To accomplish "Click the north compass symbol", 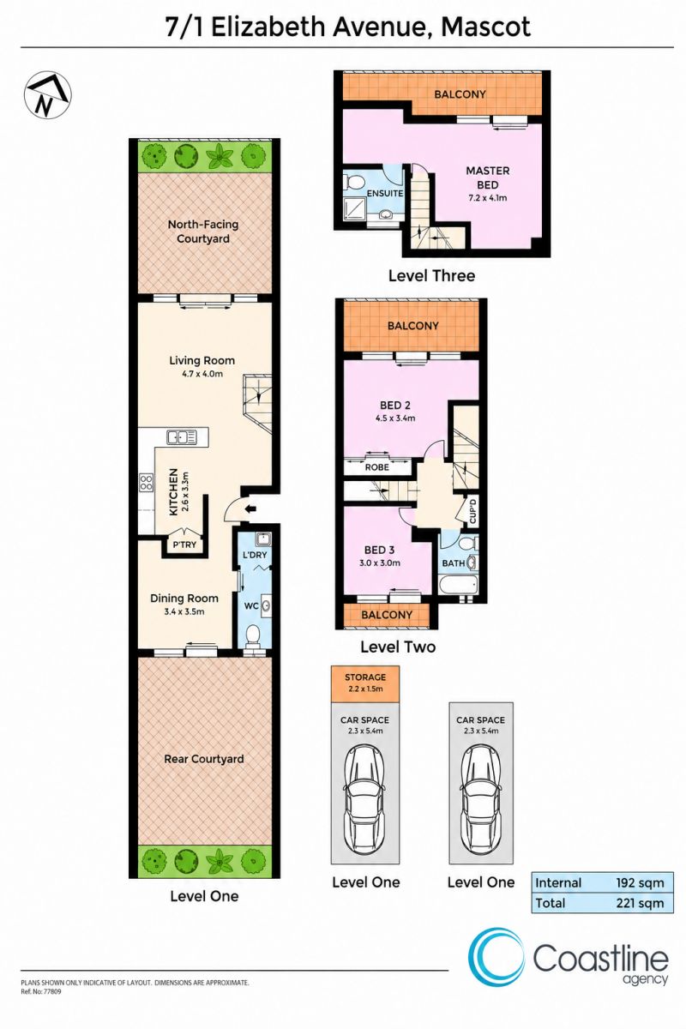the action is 47,95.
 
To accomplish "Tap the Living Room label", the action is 202,361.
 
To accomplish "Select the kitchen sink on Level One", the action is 182,436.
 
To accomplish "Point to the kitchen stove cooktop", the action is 146,483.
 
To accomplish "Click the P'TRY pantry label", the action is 184,545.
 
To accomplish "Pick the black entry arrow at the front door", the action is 251,508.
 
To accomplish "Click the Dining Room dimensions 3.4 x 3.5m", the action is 184,611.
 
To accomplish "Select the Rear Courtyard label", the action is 203,759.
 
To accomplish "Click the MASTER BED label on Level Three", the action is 488,178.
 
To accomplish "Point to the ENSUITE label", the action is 385,194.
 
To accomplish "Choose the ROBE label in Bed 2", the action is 377,467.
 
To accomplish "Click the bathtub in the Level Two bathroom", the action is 458,586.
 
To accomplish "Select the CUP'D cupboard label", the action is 472,511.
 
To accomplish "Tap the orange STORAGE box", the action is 365,684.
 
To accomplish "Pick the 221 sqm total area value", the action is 640,903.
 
